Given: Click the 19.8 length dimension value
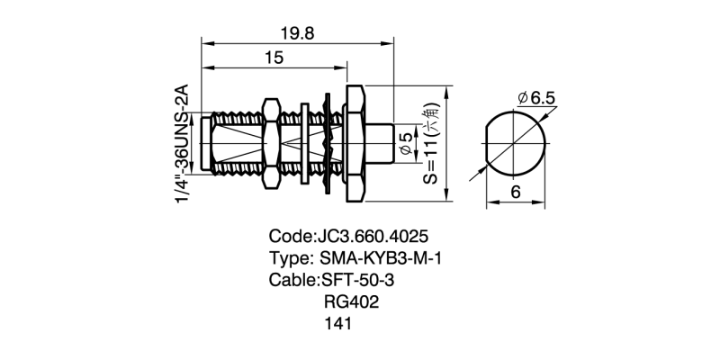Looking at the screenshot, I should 297,33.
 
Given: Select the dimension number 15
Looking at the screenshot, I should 274,58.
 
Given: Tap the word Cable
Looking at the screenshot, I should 292,280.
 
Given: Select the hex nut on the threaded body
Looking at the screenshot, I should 269,142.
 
